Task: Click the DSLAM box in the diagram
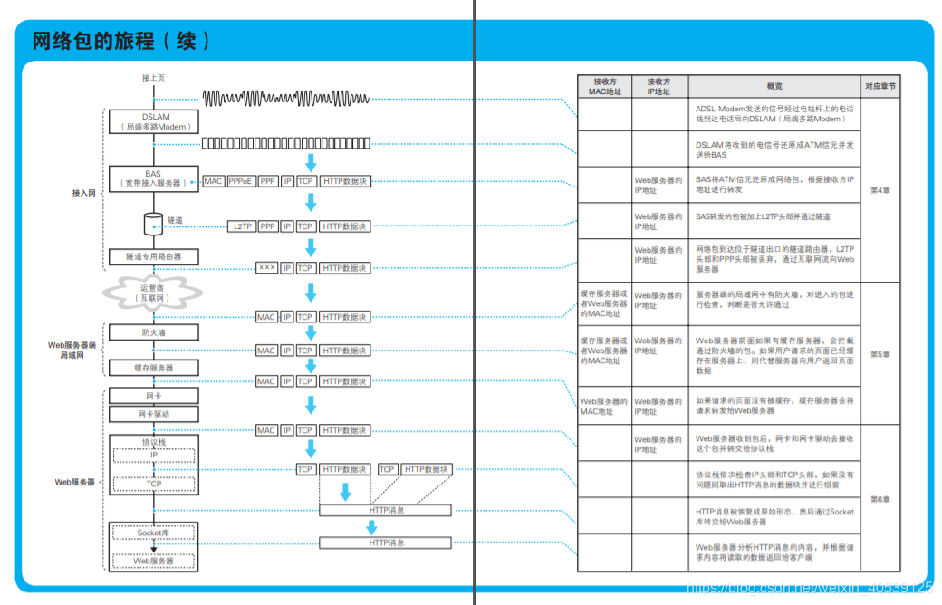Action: tap(153, 121)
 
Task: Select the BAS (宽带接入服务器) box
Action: tap(153, 178)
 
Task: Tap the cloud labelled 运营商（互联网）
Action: tap(153, 292)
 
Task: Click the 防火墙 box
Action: tap(153, 332)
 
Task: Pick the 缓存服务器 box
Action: tap(153, 368)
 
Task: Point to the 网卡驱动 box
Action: tap(153, 414)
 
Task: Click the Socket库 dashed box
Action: tap(153, 533)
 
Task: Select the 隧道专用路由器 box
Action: tap(153, 257)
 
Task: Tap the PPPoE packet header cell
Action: tap(241, 181)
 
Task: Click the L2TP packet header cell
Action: tap(242, 226)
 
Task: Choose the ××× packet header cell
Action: tap(266, 268)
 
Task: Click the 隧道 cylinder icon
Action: tap(152, 223)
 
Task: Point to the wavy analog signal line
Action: tap(285, 98)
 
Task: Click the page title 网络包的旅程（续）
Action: tap(121, 41)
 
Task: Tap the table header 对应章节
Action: tap(880, 86)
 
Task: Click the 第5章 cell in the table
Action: tap(880, 354)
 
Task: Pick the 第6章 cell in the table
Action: tap(880, 499)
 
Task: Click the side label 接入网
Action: tap(84, 193)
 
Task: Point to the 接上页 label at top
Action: tap(153, 78)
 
